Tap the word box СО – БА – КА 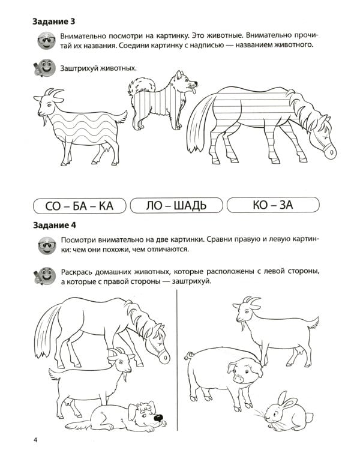79,206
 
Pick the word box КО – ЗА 272,206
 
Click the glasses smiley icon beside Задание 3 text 45,42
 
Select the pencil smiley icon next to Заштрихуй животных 45,69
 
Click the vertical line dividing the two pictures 178,360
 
